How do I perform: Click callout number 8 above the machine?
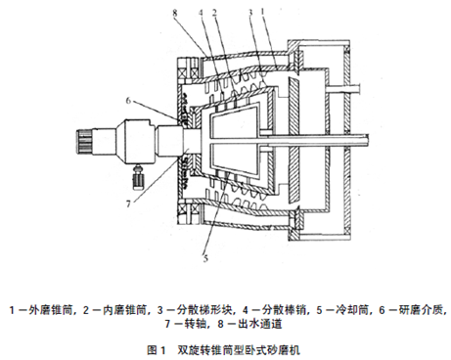coord(175,13)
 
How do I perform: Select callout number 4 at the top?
coord(201,13)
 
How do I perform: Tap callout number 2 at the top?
coord(214,13)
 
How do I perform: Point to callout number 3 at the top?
coord(250,13)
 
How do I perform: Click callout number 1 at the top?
coord(262,13)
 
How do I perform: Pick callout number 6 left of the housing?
coord(128,101)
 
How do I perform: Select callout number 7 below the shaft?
coord(128,203)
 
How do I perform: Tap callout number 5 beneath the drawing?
coord(205,258)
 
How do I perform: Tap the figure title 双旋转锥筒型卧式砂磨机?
coord(239,350)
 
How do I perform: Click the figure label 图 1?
coord(157,350)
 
